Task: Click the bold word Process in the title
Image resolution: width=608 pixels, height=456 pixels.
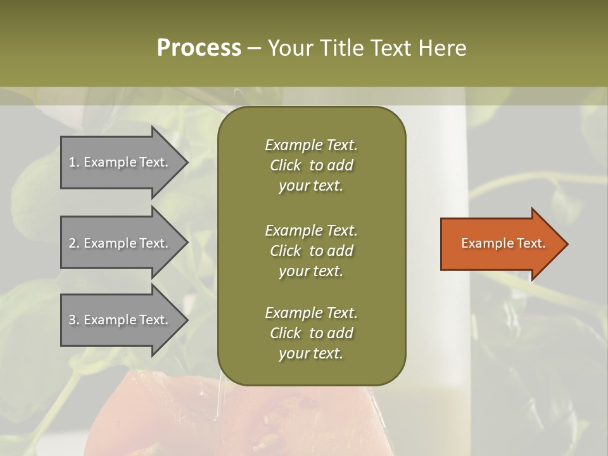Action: click(x=199, y=48)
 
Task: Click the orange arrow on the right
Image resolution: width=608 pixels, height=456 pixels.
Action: click(x=500, y=244)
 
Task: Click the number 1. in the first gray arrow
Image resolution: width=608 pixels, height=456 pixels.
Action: click(x=74, y=162)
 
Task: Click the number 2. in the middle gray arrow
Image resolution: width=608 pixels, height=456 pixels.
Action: click(x=74, y=243)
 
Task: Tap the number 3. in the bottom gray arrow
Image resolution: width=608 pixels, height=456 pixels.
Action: click(x=74, y=320)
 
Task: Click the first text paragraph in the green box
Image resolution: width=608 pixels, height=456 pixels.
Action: click(x=311, y=165)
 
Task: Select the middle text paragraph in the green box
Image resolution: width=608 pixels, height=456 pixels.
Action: click(x=311, y=250)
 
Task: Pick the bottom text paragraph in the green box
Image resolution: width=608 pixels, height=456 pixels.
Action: click(x=311, y=333)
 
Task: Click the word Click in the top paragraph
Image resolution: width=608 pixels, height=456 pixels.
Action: click(x=286, y=165)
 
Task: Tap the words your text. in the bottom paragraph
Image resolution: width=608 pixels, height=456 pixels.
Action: click(x=311, y=353)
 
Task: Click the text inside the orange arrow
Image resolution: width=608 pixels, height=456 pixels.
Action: click(x=503, y=243)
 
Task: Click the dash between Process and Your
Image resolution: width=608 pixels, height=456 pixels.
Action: click(x=254, y=49)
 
